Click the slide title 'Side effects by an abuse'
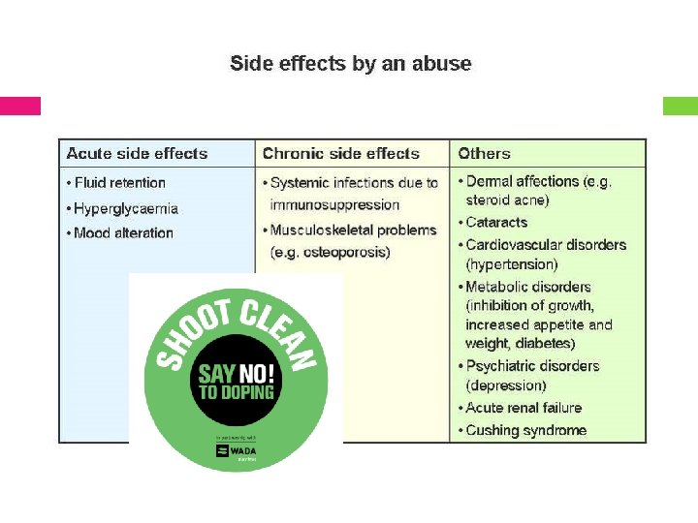(x=350, y=64)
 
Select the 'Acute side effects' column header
(x=137, y=153)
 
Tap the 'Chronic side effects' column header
(x=340, y=153)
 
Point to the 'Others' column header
(x=484, y=153)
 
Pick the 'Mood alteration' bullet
(x=123, y=232)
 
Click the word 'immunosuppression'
(x=334, y=204)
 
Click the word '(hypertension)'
(x=511, y=263)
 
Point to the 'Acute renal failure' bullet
(x=523, y=408)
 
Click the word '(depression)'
(x=505, y=385)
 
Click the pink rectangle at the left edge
(x=20, y=106)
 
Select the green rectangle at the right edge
(x=680, y=106)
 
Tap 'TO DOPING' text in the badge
(x=236, y=392)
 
